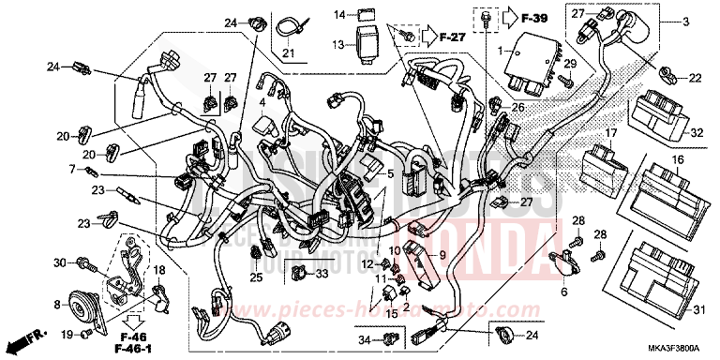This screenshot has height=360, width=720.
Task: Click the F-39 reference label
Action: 536,17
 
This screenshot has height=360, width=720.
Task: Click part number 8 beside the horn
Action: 59,305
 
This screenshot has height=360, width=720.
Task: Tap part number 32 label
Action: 697,133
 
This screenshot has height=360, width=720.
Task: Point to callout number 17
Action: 609,133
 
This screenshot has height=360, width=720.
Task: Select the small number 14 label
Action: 339,14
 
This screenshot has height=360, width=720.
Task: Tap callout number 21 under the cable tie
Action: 288,53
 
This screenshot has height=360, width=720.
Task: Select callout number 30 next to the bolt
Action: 59,262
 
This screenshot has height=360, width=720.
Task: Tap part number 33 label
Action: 322,274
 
